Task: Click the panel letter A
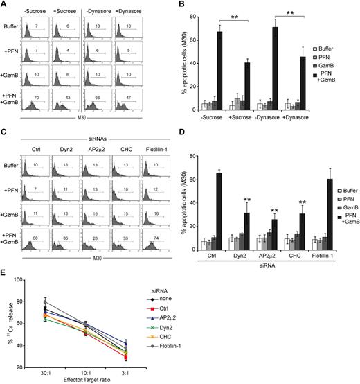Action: pyautogui.click(x=5, y=5)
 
